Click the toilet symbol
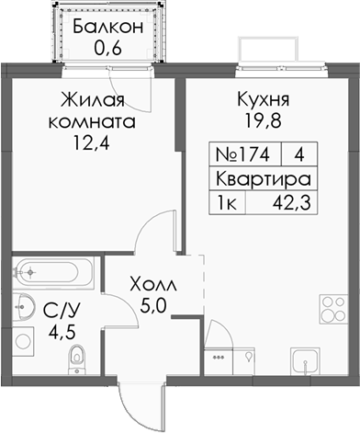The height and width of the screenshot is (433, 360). pos(78,353)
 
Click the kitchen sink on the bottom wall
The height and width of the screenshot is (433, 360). pos(305,360)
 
